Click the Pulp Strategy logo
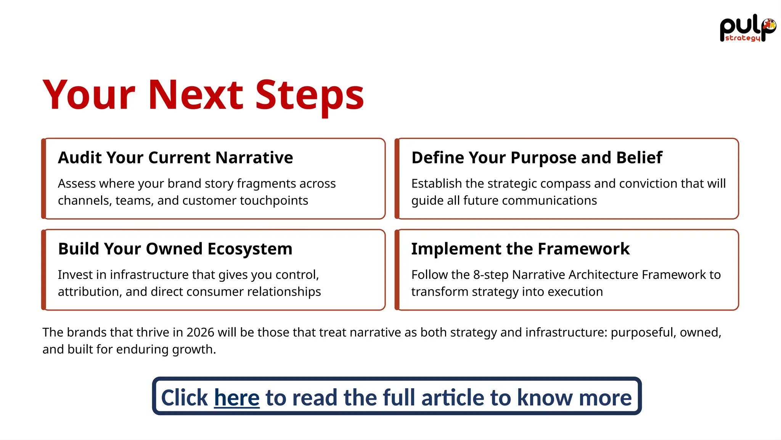pos(747,29)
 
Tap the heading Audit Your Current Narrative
pos(175,158)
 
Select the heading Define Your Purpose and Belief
pos(537,158)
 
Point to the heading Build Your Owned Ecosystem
pos(175,249)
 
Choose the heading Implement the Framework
pos(520,249)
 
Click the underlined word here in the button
pos(237,398)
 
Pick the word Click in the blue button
pos(184,398)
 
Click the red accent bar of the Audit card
pos(44,179)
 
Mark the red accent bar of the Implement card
pos(397,270)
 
